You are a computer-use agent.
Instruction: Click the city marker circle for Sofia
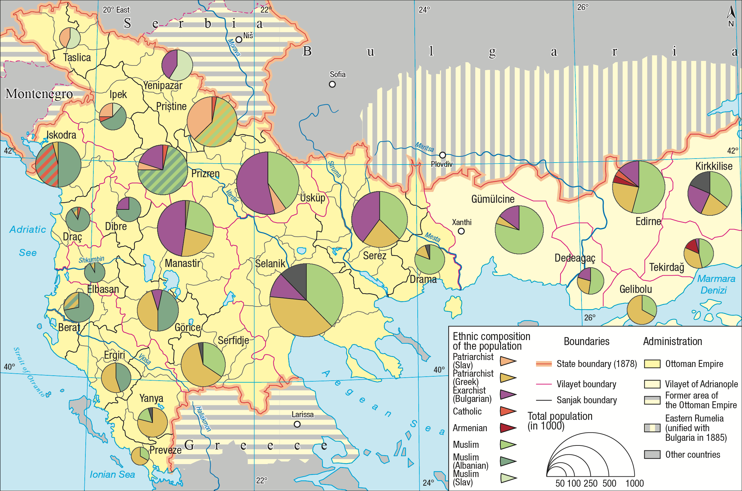coord(332,84)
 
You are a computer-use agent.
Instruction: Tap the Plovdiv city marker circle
coord(442,155)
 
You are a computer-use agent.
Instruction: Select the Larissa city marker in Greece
coord(297,424)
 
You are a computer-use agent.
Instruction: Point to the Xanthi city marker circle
coord(461,231)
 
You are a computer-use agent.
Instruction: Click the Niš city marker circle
coord(239,40)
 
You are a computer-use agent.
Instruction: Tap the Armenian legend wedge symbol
coord(507,428)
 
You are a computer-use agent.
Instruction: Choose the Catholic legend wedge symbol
coord(507,411)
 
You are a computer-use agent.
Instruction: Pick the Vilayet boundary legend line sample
coord(544,384)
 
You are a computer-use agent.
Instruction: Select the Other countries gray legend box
coord(652,454)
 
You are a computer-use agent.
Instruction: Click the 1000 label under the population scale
coord(634,483)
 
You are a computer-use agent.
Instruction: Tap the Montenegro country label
coord(39,94)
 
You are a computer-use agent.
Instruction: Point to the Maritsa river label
coord(424,147)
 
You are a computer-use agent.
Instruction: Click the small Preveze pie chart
coord(140,456)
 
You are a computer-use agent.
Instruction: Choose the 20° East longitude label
coord(116,10)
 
